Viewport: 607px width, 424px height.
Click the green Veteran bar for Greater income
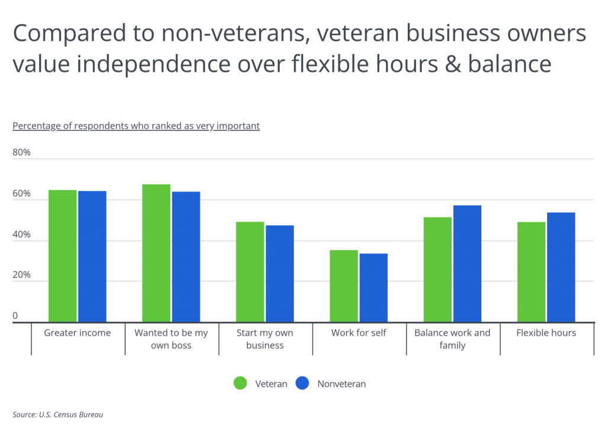tap(62, 256)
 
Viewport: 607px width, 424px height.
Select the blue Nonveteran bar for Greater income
tap(92, 257)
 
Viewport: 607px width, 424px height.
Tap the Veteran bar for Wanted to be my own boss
tap(156, 253)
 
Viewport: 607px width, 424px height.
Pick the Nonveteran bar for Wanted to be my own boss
tap(186, 257)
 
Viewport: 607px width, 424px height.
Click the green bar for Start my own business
tap(250, 272)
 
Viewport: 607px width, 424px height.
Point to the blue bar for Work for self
tap(373, 288)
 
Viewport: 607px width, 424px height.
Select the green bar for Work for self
tap(343, 286)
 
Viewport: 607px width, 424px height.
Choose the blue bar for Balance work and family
tap(467, 264)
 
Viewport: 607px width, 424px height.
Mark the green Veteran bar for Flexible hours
tap(531, 272)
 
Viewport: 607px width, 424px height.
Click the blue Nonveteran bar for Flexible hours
tap(561, 267)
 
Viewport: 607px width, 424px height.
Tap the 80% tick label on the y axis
tap(21, 152)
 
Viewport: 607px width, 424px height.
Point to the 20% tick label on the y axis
tap(21, 275)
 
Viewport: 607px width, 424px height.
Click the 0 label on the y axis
tap(15, 316)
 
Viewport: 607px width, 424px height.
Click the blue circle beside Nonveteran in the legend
tap(303, 384)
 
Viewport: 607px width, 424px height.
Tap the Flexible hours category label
tap(547, 333)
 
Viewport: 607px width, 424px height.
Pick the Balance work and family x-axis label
tap(452, 339)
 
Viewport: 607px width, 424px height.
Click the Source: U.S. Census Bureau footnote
tap(53, 415)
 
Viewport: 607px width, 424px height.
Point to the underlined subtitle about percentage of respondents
tap(136, 126)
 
